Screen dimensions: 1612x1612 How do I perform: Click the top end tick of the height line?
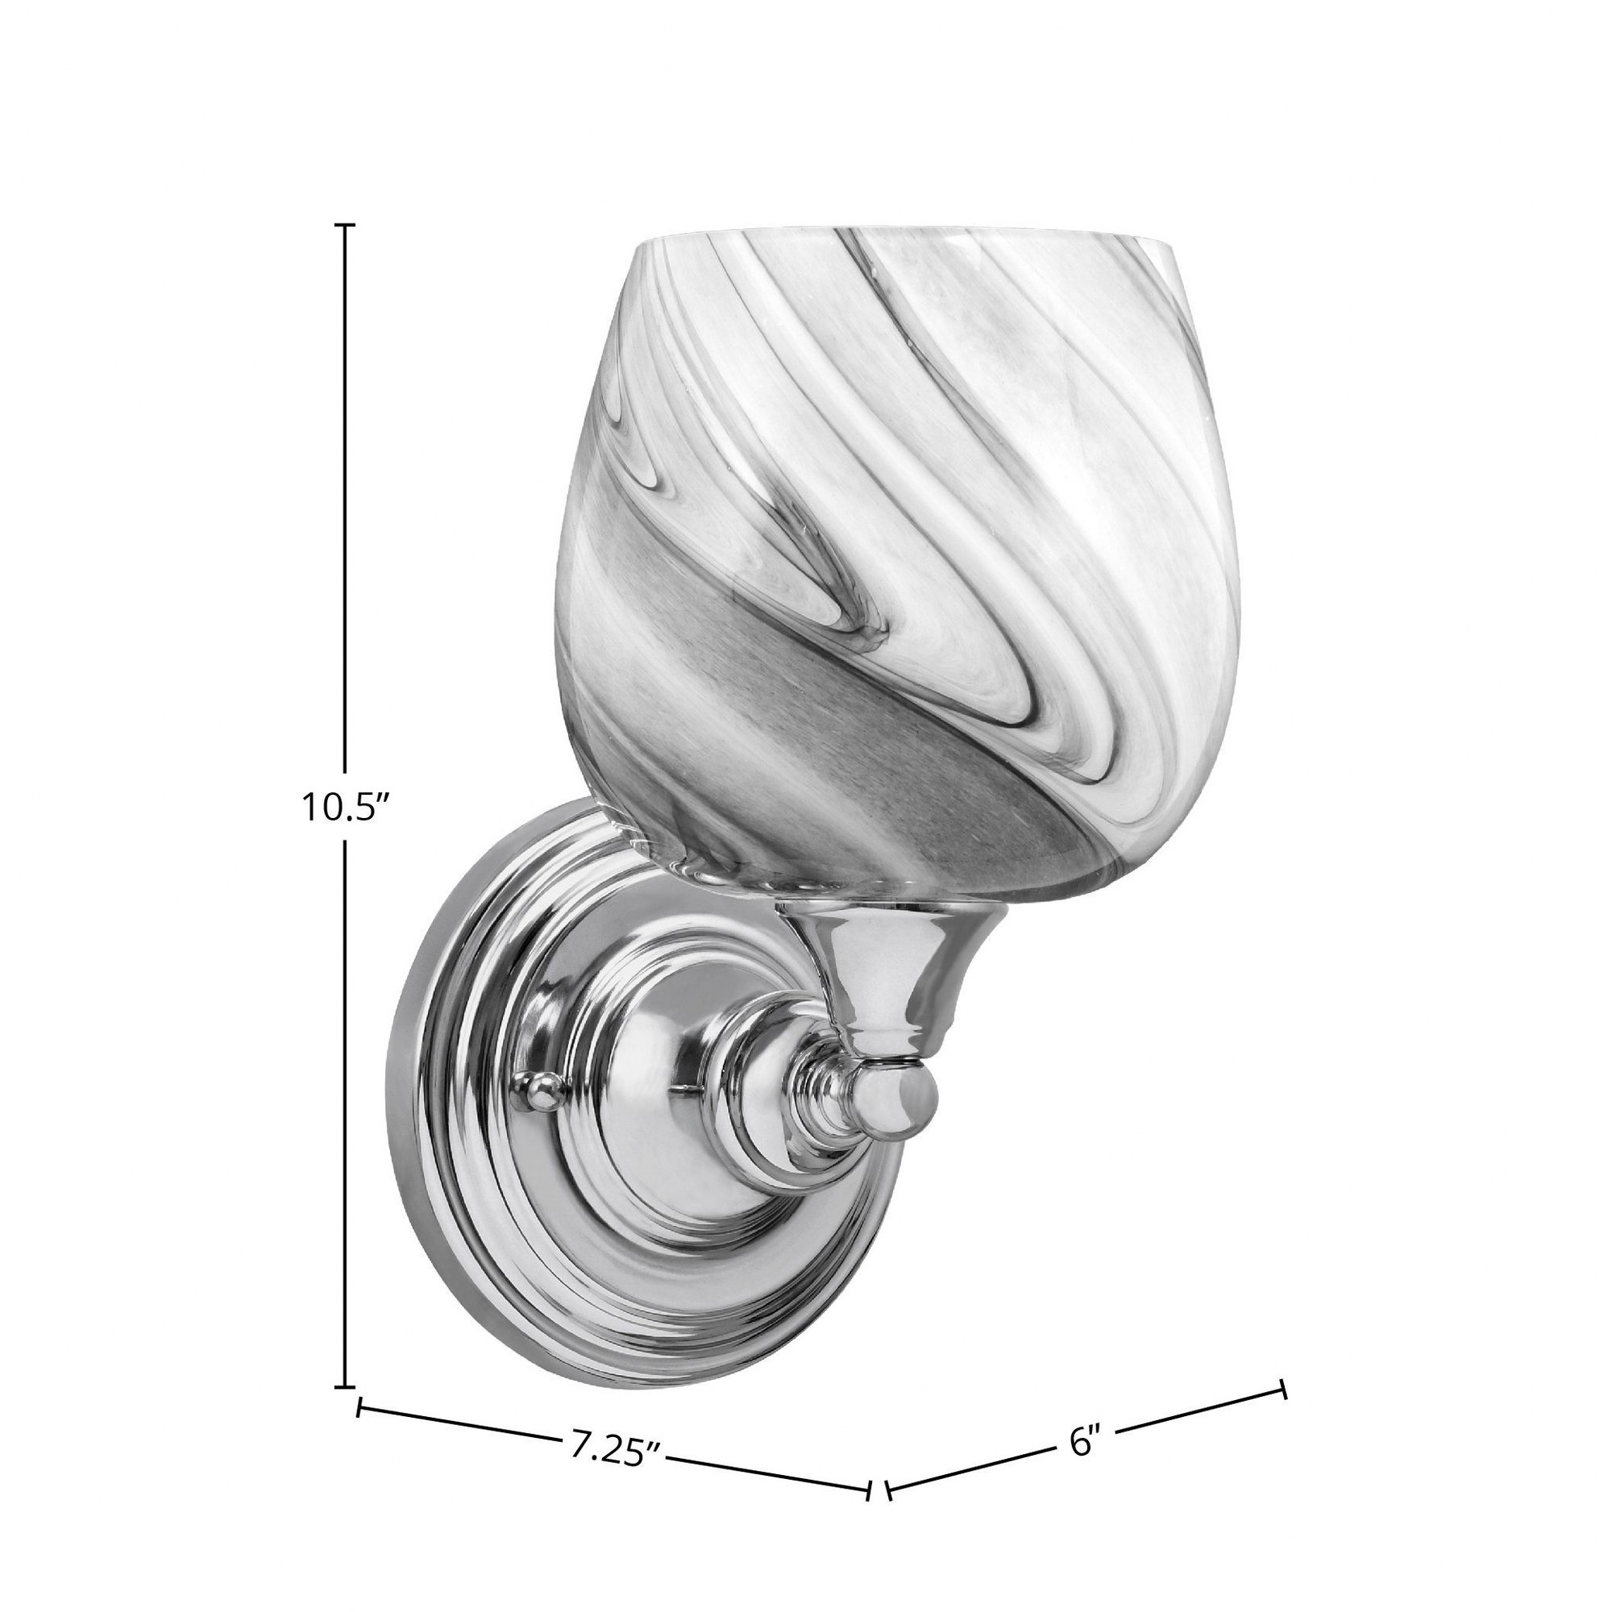click(346, 226)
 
